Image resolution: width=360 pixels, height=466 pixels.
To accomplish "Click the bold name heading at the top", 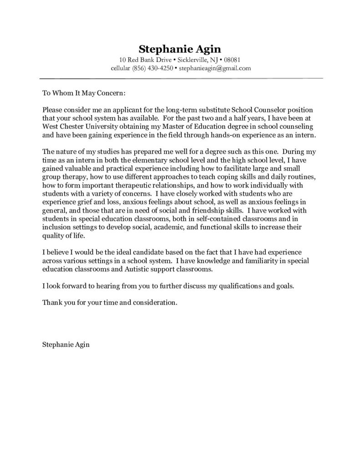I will tap(180, 49).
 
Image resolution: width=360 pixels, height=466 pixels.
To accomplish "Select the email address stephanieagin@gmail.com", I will tap(215, 68).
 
